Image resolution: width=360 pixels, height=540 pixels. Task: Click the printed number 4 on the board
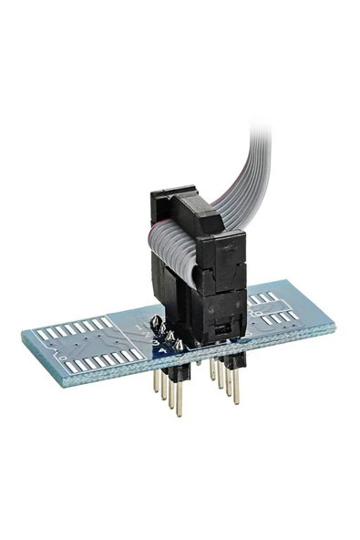click(x=164, y=349)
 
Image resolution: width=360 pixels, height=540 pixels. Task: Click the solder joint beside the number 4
click(x=178, y=345)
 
